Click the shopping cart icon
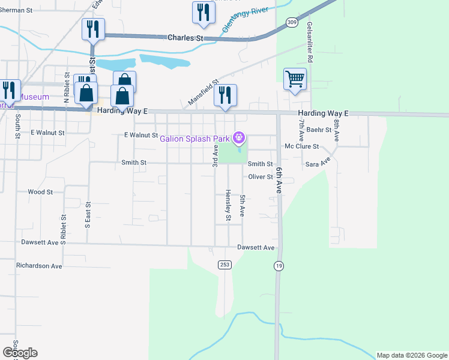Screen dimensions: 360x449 [295, 79]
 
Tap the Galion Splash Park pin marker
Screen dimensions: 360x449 [239, 139]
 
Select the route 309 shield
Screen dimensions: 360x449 [291, 22]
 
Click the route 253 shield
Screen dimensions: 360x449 [224, 265]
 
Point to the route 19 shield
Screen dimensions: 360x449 [279, 265]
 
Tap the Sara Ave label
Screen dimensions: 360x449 [318, 163]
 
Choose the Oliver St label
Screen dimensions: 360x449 [261, 176]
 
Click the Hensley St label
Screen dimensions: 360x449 [228, 205]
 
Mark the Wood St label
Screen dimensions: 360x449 [40, 192]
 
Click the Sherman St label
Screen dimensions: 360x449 [16, 10]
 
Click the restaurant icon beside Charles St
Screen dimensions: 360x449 [93, 29]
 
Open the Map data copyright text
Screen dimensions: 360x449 [411, 355]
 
